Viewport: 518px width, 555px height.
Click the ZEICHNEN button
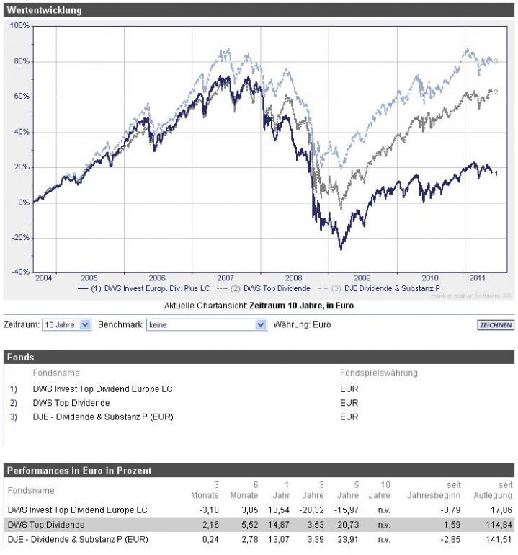(x=496, y=325)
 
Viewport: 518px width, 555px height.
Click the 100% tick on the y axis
(x=19, y=26)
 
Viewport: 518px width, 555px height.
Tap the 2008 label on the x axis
(x=294, y=277)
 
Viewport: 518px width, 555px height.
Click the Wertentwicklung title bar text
(x=44, y=11)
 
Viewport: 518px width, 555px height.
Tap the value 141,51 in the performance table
(x=500, y=539)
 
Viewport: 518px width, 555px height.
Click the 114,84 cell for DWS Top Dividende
(x=500, y=525)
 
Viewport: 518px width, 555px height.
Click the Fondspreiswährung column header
(x=378, y=373)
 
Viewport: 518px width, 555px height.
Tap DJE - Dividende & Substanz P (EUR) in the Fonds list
(x=103, y=417)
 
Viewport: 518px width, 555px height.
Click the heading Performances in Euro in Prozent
(x=79, y=471)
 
